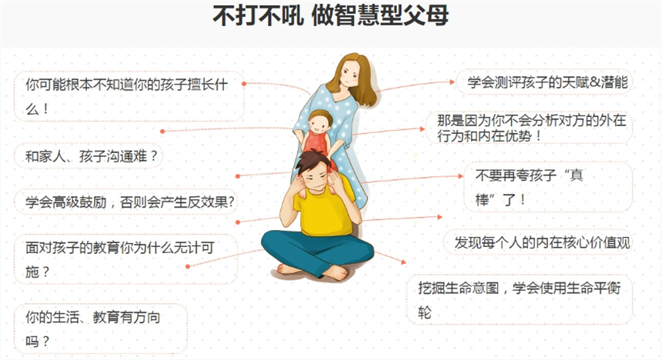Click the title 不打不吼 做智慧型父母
click(330, 16)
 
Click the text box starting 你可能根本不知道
click(129, 96)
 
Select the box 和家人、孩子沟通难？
click(89, 156)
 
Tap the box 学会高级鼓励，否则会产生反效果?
click(125, 202)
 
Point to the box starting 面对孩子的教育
click(125, 259)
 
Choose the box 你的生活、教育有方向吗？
click(101, 328)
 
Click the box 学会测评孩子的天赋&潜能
click(544, 82)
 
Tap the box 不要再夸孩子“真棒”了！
click(548, 187)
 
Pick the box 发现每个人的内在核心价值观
click(538, 242)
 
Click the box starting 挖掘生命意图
click(520, 300)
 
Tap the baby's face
click(319, 124)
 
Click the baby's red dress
click(316, 142)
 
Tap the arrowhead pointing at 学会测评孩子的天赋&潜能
click(452, 82)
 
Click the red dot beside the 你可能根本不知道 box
click(244, 84)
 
